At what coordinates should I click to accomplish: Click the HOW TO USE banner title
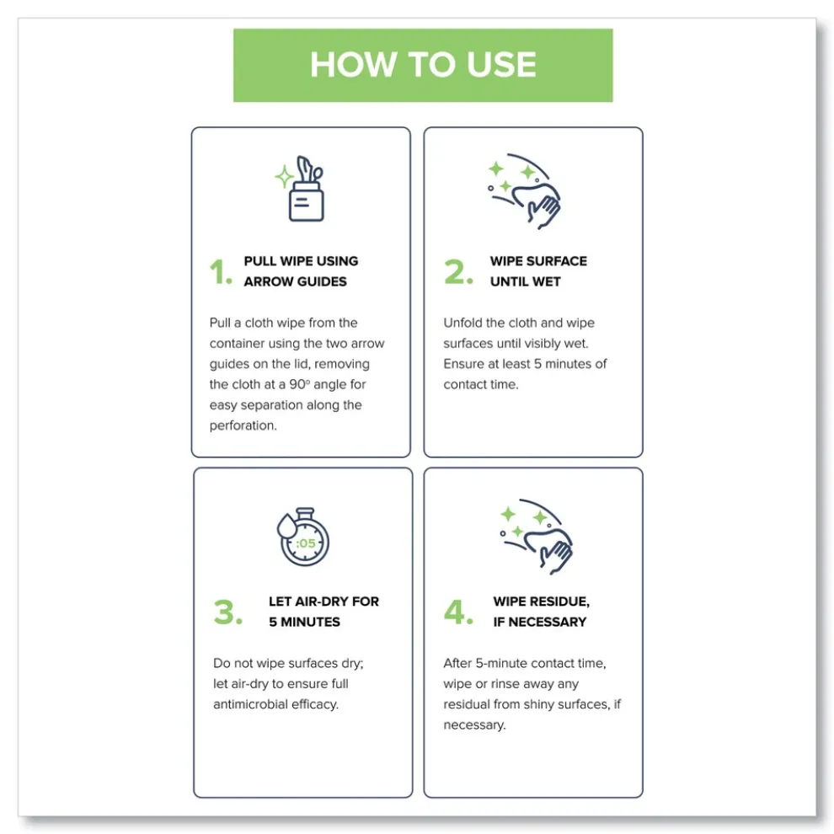(423, 64)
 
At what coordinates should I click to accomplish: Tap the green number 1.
(221, 272)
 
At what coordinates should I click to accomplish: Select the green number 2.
(458, 272)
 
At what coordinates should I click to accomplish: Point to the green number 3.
(227, 612)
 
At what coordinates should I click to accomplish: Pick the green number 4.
(458, 612)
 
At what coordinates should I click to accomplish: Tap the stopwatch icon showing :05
(302, 537)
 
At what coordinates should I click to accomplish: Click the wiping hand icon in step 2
(525, 191)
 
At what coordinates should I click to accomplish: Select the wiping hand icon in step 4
(537, 536)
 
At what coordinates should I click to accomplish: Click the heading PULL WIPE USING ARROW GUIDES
(301, 271)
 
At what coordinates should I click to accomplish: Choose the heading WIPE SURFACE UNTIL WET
(538, 271)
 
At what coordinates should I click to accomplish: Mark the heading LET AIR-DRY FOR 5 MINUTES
(324, 612)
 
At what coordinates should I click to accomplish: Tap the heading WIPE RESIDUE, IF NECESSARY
(542, 612)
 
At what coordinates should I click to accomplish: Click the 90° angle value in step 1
(299, 384)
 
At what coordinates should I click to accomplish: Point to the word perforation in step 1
(243, 426)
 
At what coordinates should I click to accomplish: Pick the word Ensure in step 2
(462, 364)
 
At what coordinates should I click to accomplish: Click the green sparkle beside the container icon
(284, 177)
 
